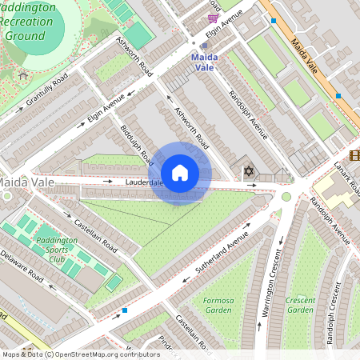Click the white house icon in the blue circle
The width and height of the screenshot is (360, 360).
tap(180, 173)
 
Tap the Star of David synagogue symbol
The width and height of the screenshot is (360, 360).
tap(248, 171)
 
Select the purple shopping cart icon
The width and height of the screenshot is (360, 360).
tap(213, 18)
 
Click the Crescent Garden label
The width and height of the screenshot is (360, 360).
tap(300, 305)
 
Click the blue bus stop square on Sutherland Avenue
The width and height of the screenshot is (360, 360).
tap(125, 310)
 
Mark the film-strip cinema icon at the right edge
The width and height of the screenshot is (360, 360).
tap(354, 154)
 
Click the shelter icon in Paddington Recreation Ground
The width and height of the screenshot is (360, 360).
tap(23, 76)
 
